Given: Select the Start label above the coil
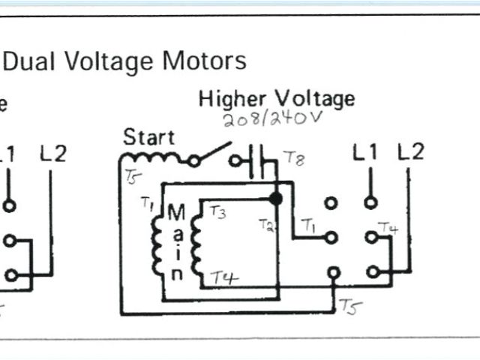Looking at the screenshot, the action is tap(148, 137).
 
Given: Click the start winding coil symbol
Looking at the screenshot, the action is tap(152, 159).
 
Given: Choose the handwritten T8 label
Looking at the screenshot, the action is tap(293, 158).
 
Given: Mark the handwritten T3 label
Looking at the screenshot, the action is tap(218, 212).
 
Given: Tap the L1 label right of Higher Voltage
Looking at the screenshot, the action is tap(365, 153).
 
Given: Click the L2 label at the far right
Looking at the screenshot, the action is tap(410, 152).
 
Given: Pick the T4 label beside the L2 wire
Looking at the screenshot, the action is tap(388, 226).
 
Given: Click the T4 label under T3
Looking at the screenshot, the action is tap(223, 277).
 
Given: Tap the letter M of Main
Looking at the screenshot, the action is tap(176, 213).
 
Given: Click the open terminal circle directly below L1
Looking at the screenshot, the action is tap(370, 202).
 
